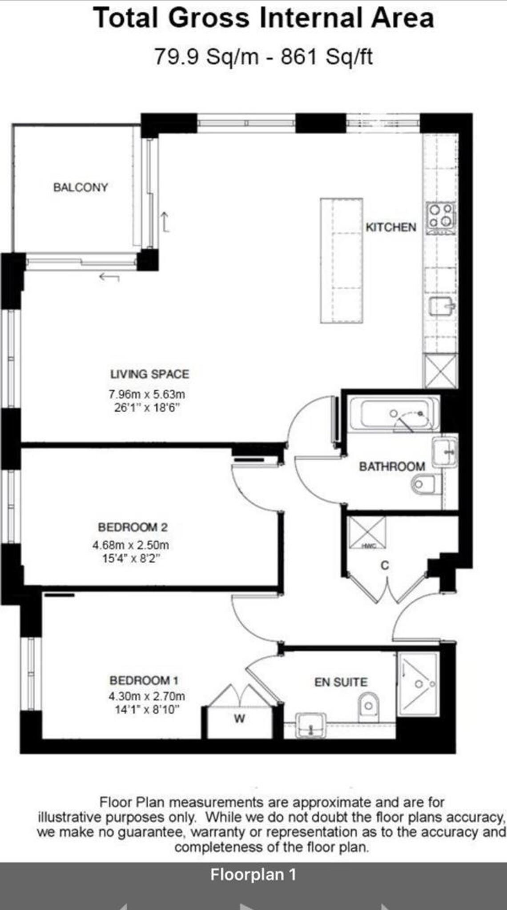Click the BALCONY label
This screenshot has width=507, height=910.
pos(80,187)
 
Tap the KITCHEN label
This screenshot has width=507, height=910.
pos(391,227)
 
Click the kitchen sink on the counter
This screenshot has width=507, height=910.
pos(441,305)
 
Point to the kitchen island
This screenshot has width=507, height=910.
pos(341,260)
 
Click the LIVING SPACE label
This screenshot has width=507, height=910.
pos(149,374)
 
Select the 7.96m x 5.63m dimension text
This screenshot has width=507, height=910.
pos(147,394)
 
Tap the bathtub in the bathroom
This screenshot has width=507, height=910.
pos(394,415)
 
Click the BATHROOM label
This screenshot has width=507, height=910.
pos(392,467)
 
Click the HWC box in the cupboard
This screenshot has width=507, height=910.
pos(367,532)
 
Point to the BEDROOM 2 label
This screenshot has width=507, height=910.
pos(133,527)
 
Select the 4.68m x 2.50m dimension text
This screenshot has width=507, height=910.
pos(131,545)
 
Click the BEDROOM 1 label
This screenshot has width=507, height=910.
pos(144,680)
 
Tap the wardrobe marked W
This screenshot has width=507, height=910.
pos(239,719)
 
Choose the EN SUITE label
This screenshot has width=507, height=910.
pos(341,682)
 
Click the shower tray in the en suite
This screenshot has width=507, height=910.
pos(418,684)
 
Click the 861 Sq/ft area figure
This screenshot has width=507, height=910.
pos(326,57)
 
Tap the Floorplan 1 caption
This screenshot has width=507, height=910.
pos(253,874)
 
